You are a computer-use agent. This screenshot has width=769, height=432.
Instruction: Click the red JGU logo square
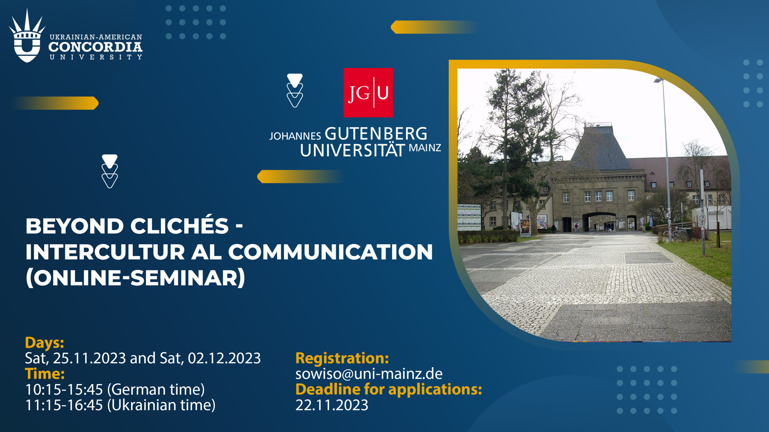pyautogui.click(x=368, y=92)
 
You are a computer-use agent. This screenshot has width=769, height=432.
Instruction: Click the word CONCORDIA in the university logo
pyautogui.click(x=95, y=47)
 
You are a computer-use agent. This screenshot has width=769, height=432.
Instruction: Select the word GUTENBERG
pyautogui.click(x=376, y=134)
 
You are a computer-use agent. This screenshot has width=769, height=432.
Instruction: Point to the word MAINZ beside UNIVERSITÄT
pyautogui.click(x=425, y=148)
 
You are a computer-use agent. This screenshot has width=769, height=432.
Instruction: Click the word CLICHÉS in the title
pyautogui.click(x=180, y=226)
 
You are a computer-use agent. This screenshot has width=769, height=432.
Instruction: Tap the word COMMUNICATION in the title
pyautogui.click(x=330, y=252)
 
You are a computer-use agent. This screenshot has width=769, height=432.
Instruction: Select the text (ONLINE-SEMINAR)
pyautogui.click(x=135, y=278)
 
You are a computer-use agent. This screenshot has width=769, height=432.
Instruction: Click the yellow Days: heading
pyautogui.click(x=44, y=343)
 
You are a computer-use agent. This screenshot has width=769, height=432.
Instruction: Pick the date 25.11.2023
pyautogui.click(x=90, y=358)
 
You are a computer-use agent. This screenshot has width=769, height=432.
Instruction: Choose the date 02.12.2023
pyautogui.click(x=224, y=358)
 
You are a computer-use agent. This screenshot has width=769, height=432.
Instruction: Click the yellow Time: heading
pyautogui.click(x=45, y=374)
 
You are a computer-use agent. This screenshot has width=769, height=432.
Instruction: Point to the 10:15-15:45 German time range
pyautogui.click(x=64, y=389)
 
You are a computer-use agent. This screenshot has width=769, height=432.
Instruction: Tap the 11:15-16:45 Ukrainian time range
pyautogui.click(x=64, y=405)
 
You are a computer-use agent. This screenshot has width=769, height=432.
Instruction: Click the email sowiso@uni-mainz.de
pyautogui.click(x=369, y=374)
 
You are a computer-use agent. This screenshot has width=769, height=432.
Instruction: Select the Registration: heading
pyautogui.click(x=342, y=358)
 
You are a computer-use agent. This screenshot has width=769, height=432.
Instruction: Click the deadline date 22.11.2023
pyautogui.click(x=332, y=405)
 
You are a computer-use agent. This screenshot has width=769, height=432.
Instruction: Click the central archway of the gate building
pyautogui.click(x=599, y=222)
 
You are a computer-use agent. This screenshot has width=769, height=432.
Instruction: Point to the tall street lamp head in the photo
pyautogui.click(x=659, y=80)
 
